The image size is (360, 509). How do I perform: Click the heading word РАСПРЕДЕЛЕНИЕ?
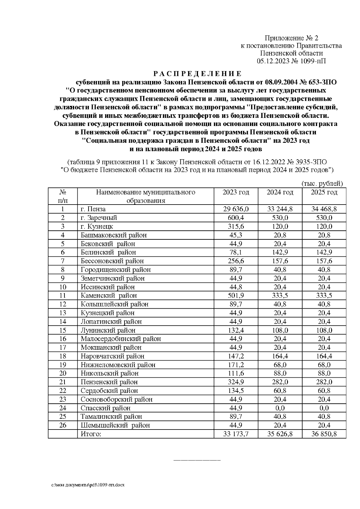[197, 74]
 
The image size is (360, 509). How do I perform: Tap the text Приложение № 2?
[291, 38]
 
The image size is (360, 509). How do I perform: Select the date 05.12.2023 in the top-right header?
[274, 61]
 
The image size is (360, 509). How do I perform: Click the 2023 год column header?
[236, 192]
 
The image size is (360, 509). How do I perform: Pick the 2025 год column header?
[324, 192]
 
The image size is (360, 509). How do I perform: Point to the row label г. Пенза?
[93, 209]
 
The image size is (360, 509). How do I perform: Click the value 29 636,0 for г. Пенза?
[236, 209]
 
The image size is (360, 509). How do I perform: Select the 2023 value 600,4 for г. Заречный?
[236, 218]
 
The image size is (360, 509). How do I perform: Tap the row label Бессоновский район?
[112, 261]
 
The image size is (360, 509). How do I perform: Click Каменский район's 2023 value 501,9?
[236, 295]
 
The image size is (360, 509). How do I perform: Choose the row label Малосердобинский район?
[121, 339]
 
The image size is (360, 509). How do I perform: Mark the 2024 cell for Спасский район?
[280, 408]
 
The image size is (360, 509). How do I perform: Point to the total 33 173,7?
[236, 434]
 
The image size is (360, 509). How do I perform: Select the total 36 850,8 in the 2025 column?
[324, 434]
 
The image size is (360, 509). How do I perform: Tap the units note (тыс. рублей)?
[322, 184]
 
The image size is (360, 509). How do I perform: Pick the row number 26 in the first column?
[63, 425]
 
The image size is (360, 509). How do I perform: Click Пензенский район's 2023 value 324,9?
[236, 382]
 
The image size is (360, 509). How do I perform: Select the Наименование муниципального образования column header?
[145, 196]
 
